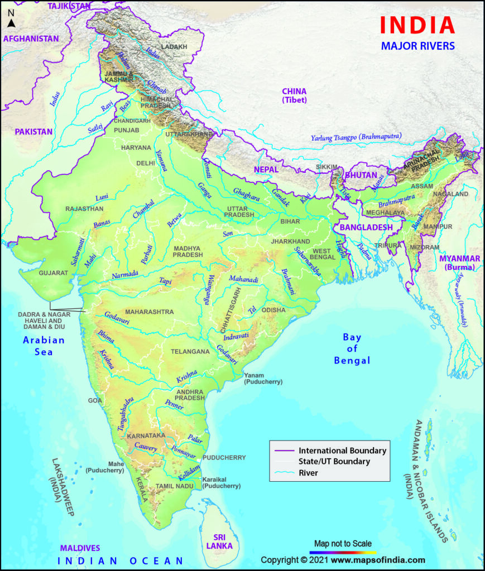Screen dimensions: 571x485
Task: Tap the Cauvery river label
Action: click(x=146, y=447)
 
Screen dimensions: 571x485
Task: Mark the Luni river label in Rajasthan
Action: click(x=102, y=197)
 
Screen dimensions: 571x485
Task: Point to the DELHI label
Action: click(x=146, y=163)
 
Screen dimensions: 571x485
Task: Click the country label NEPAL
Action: click(x=266, y=168)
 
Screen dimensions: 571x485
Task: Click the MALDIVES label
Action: click(x=81, y=548)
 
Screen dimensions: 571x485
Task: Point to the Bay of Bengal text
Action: click(x=352, y=349)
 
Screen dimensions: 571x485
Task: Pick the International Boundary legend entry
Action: click(x=342, y=450)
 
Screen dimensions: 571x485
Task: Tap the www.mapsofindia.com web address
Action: click(x=381, y=560)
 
